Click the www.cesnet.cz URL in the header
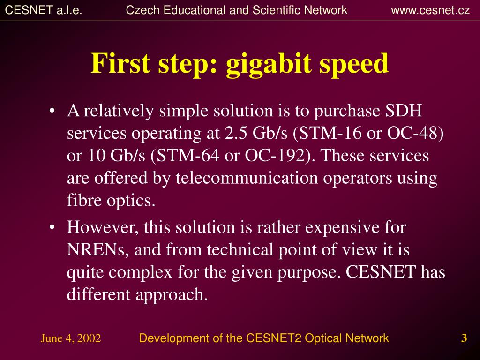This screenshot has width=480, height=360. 430,10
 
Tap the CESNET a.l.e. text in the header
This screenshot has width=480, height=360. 44,10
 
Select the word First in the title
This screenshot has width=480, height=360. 120,63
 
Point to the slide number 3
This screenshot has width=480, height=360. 464,338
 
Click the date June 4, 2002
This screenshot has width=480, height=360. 71,338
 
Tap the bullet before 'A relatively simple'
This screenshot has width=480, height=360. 52,111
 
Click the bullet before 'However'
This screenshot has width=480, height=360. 52,227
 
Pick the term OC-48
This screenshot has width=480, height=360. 412,133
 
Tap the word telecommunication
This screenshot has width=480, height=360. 247,178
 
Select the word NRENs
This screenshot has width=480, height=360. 96,249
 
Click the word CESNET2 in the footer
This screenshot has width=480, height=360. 273,338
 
